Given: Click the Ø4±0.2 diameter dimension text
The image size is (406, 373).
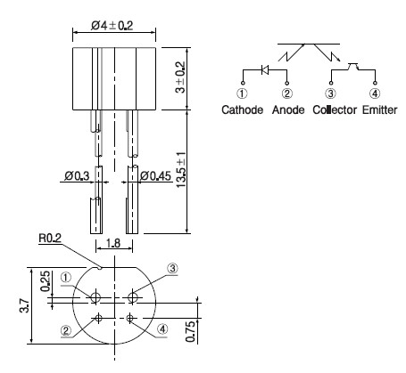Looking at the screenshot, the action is (112, 26).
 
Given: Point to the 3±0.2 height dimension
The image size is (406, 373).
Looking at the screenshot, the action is (180, 77).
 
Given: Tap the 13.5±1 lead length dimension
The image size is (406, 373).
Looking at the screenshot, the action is (181, 170).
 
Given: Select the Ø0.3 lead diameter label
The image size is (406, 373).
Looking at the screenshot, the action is (77, 176).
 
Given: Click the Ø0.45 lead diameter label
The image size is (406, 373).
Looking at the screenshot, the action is (155, 176).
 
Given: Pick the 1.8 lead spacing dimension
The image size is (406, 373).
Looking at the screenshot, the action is (113, 243).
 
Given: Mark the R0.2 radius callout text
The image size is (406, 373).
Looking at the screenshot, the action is (50, 238).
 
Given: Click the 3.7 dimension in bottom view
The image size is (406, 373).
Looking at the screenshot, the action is (25, 305).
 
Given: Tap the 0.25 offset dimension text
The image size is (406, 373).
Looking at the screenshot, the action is (46, 281).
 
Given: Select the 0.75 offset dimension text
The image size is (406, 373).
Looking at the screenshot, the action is (190, 331).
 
